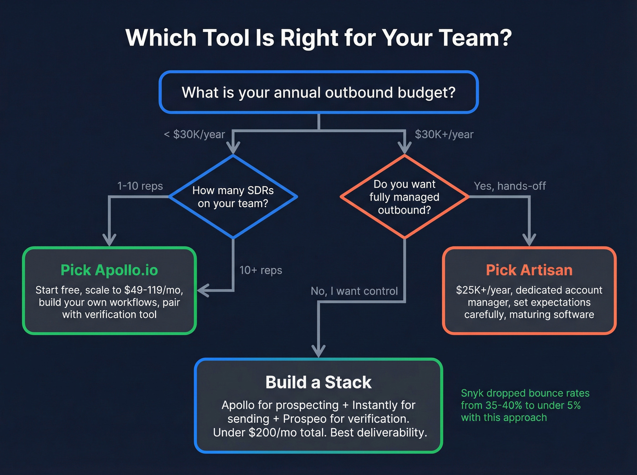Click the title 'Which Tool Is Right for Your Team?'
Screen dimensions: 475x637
point(318,38)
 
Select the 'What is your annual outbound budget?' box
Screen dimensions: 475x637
point(318,92)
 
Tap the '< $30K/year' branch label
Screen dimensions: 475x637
point(194,135)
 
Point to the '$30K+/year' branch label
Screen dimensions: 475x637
point(444,135)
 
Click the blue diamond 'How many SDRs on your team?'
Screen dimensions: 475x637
point(233,197)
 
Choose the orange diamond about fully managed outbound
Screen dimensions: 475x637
point(404,197)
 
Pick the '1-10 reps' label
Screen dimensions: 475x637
point(140,186)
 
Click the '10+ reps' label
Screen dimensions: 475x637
point(261,270)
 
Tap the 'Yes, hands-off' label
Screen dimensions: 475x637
point(510,186)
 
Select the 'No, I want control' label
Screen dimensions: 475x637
point(354,291)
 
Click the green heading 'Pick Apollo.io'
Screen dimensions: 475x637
point(109,270)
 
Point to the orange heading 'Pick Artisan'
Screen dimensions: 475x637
point(529,270)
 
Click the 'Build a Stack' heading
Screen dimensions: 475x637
point(318,382)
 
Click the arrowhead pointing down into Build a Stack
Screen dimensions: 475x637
point(318,351)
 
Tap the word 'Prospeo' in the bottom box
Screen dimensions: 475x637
point(304,419)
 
